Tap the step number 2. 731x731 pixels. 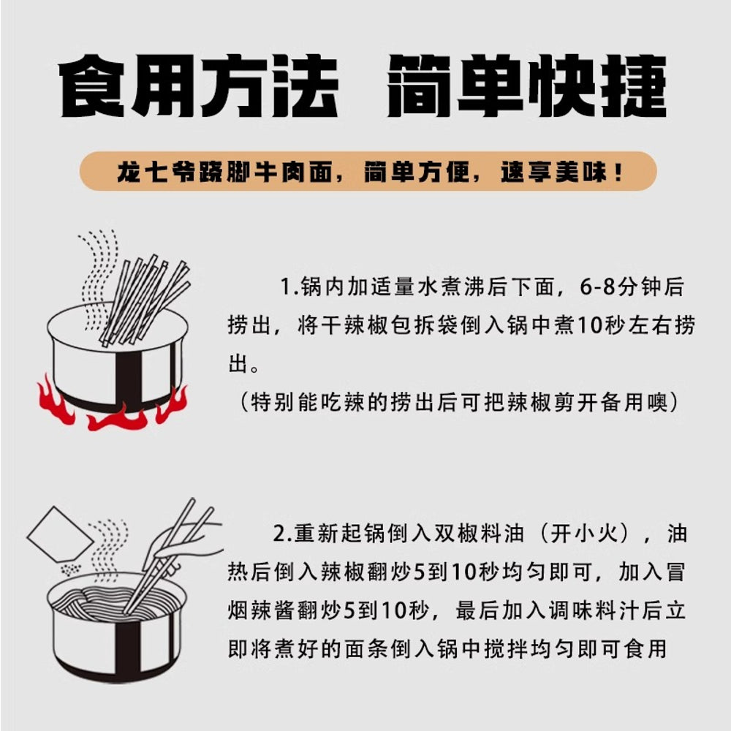tap(279, 534)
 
